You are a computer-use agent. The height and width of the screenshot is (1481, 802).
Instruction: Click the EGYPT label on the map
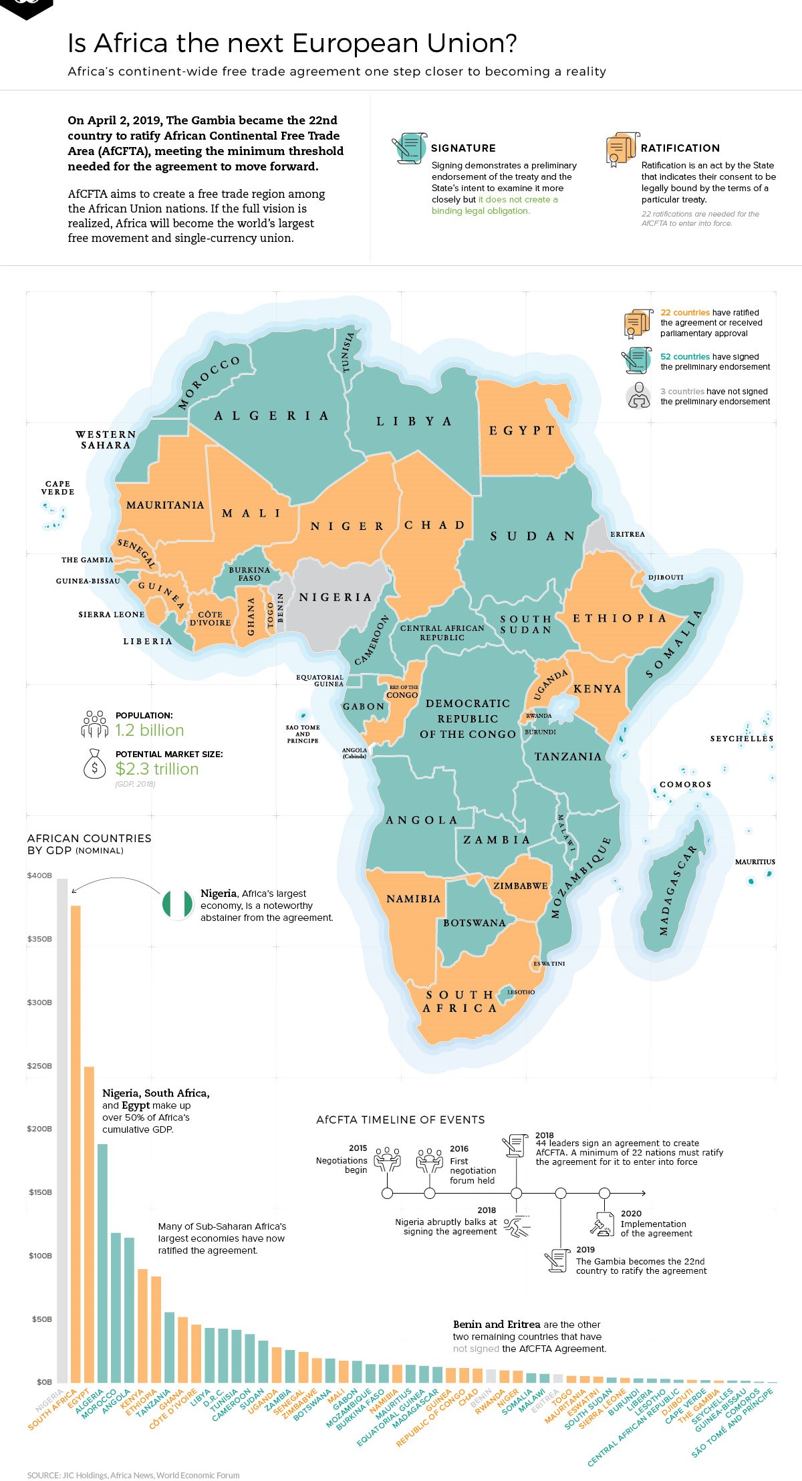pos(522,430)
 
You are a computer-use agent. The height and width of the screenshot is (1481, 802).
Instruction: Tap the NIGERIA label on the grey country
pos(335,597)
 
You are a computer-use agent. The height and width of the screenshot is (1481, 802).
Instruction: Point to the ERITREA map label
pos(627,534)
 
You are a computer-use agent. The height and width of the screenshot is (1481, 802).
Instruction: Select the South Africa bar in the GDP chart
pos(76,1143)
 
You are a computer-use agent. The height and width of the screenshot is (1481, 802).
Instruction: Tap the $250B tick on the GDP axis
pos(39,1066)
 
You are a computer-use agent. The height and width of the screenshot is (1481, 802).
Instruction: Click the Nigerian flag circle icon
pos(177,905)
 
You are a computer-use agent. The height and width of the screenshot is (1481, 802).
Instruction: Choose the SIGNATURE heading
pos(463,148)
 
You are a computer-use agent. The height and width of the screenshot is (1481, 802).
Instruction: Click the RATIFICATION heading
pos(680,148)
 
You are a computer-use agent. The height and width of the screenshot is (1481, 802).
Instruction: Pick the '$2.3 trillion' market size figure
pos(157,769)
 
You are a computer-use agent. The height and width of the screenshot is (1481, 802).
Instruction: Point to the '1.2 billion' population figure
pos(150,730)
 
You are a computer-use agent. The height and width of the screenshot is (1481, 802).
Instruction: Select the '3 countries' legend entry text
pos(682,392)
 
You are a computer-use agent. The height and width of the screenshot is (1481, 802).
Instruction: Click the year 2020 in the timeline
pos(631,1213)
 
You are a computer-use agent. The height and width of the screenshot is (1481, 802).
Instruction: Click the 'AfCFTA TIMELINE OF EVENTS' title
pos(400,1119)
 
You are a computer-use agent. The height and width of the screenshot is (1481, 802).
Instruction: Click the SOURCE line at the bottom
pos(133,1475)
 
